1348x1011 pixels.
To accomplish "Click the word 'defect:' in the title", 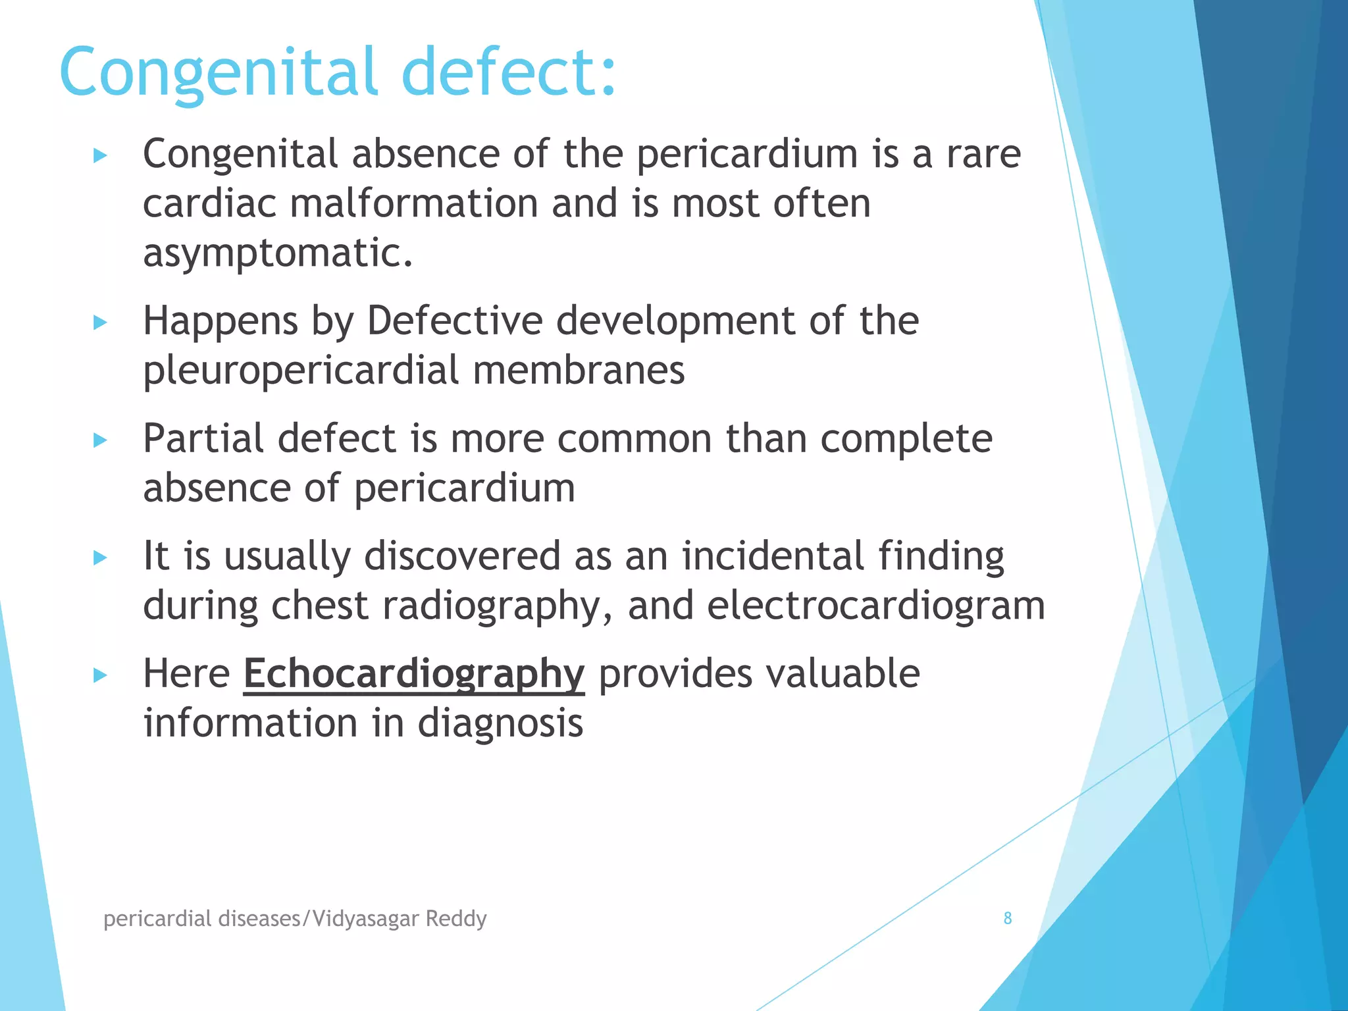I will (509, 71).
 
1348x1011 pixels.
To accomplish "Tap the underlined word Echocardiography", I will (413, 674).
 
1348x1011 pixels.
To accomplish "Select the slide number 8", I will (1007, 918).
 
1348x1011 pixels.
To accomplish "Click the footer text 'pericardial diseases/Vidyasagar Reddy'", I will (295, 918).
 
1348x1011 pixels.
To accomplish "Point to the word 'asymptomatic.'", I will (278, 253).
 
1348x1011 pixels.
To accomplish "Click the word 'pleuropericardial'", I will (301, 370).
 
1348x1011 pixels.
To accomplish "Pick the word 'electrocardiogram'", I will (875, 606).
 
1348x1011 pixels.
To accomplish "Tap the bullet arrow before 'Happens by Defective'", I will (100, 323).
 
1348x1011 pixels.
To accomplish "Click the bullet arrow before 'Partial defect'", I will (100, 440).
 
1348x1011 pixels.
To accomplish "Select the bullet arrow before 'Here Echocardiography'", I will (100, 675).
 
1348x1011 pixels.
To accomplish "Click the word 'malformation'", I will (413, 203).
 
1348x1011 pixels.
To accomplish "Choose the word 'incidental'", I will (772, 556).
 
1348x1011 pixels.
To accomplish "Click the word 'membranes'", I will (579, 370).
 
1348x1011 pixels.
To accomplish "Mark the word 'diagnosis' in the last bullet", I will (500, 723).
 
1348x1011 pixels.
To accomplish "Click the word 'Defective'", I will (454, 321).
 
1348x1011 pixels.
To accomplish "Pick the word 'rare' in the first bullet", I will (983, 154).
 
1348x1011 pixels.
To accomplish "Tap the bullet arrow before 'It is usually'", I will (100, 558).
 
